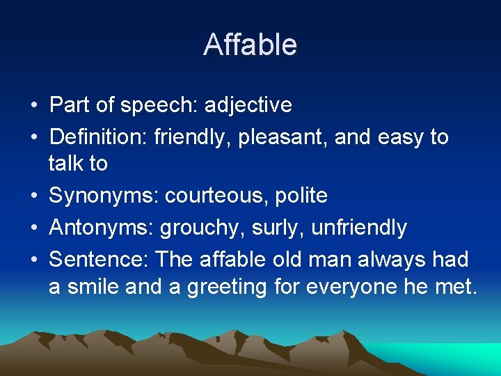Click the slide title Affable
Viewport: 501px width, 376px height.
250,45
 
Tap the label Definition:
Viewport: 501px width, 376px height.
99,136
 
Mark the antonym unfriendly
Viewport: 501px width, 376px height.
359,227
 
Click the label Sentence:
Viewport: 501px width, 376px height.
99,259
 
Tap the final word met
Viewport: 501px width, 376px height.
456,287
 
